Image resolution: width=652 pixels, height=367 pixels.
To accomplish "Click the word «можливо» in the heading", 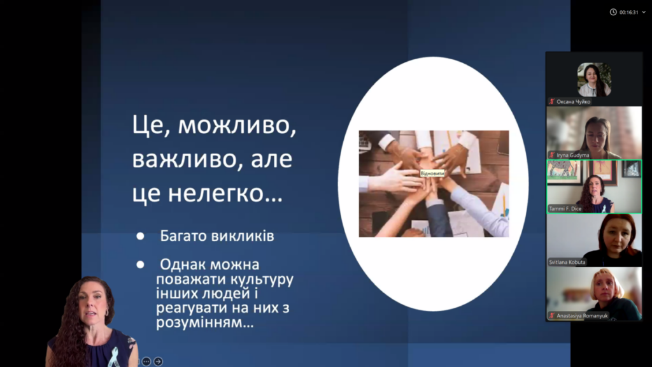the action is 237,125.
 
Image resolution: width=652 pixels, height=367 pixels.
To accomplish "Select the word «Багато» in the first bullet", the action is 183,236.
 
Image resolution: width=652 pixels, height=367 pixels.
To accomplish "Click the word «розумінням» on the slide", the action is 204,322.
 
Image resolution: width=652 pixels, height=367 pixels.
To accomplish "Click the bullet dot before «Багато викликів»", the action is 141,236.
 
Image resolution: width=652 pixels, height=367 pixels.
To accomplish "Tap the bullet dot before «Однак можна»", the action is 141,264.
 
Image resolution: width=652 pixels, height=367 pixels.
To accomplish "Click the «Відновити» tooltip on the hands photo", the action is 432,173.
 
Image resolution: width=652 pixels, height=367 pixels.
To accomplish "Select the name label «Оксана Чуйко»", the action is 573,101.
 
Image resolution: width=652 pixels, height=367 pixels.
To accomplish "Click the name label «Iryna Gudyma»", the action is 572,155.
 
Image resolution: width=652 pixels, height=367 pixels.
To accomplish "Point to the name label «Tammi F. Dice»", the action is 565,208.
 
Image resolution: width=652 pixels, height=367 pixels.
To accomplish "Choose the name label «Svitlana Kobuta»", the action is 567,262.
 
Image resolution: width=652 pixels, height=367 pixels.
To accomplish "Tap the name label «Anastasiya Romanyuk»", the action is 582,316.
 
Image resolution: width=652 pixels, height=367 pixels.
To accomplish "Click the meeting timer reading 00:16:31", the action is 628,13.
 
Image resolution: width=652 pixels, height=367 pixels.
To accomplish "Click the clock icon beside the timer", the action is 613,12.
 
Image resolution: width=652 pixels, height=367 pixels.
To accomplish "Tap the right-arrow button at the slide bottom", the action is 158,362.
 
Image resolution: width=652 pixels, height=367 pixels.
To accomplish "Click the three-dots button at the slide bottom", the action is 146,362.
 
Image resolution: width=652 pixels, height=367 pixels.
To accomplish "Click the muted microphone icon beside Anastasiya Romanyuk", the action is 552,316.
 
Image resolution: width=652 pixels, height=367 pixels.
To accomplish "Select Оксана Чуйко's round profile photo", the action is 594,80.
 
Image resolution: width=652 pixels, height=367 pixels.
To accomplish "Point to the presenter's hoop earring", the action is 106,313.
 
